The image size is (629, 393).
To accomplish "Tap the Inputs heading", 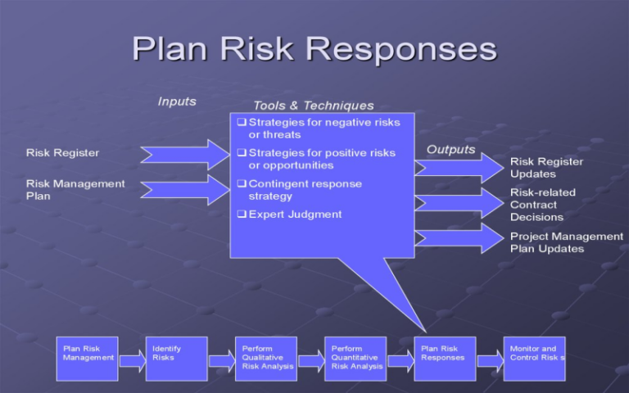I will [177, 102].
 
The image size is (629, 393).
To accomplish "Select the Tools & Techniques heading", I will [314, 106].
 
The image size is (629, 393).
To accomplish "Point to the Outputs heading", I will [450, 149].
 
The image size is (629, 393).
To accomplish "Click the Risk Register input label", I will [62, 152].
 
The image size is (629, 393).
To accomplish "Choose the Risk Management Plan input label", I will [75, 190].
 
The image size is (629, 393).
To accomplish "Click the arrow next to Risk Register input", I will [185, 154].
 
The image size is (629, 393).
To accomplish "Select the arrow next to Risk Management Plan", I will [185, 189].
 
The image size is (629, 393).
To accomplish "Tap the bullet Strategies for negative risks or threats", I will [324, 129].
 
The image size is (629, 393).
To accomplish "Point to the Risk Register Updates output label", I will [546, 168].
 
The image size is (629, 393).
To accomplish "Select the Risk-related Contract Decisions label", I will [542, 205].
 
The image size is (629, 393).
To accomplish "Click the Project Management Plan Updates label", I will [566, 242].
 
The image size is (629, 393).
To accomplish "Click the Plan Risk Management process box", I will [87, 359].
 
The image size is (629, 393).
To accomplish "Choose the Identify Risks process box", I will [176, 359].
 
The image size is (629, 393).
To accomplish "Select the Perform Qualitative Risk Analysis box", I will [265, 359].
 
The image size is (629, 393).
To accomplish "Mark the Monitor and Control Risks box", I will [534, 359].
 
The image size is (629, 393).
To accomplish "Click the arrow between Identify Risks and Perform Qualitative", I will [221, 361].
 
